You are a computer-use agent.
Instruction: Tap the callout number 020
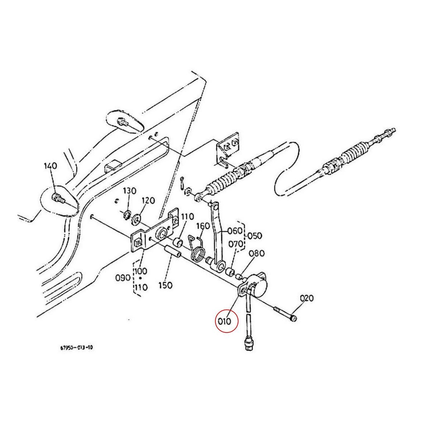(307, 298)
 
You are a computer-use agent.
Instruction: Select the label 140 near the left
(51, 166)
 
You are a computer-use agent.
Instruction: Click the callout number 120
(148, 200)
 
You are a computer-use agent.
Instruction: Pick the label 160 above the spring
(203, 226)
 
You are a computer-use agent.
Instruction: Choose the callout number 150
(165, 285)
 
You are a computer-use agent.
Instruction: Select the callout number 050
(254, 236)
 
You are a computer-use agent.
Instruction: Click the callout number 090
(123, 278)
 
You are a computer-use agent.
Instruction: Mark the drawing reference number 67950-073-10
(77, 348)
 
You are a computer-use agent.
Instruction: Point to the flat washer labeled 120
(137, 218)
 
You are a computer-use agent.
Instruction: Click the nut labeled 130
(126, 215)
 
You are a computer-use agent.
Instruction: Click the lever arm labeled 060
(217, 236)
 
